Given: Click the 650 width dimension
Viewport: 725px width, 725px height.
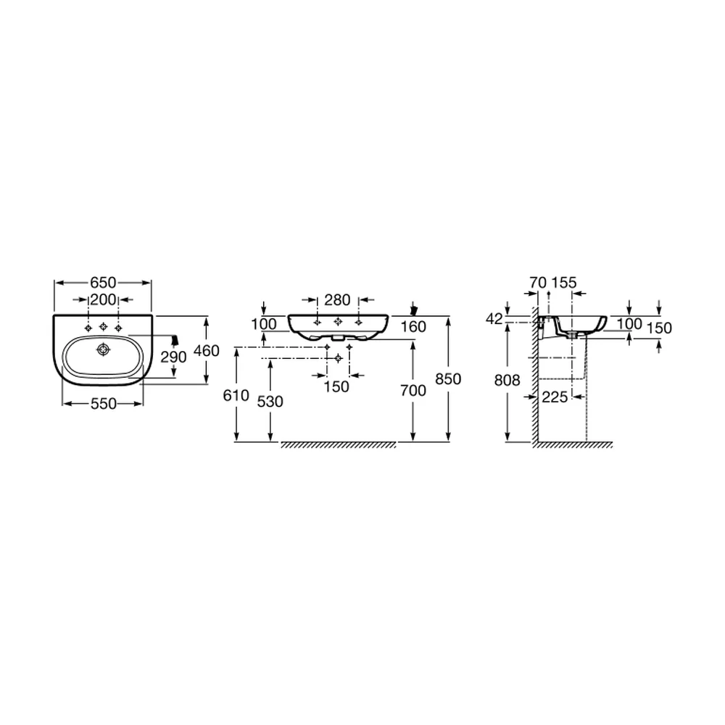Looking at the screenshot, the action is pos(103,283).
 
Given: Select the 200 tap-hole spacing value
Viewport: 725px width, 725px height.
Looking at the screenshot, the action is pos(103,299).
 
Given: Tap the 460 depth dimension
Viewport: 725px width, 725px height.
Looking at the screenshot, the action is pos(206,351).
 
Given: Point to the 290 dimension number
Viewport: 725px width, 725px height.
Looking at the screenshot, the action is pos(173,357).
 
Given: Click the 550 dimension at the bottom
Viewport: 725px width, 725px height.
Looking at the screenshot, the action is pos(103,404).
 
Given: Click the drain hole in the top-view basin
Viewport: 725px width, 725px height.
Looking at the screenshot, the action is pos(103,349).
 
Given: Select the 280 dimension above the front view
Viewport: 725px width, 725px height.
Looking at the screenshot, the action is pos(337,300).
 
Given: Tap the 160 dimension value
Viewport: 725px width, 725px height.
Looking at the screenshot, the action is pos(413,327).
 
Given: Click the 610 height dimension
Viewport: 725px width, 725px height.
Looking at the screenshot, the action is pos(236,396).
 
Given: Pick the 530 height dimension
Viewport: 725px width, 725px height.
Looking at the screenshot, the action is pos(270,402).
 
